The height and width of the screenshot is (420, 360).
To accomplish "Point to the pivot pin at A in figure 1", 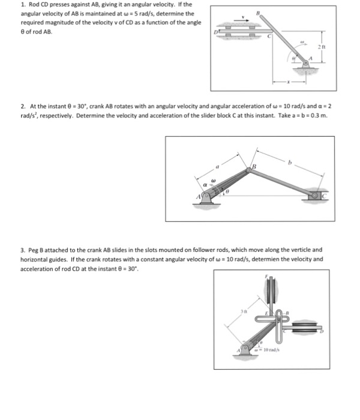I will (309, 61).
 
